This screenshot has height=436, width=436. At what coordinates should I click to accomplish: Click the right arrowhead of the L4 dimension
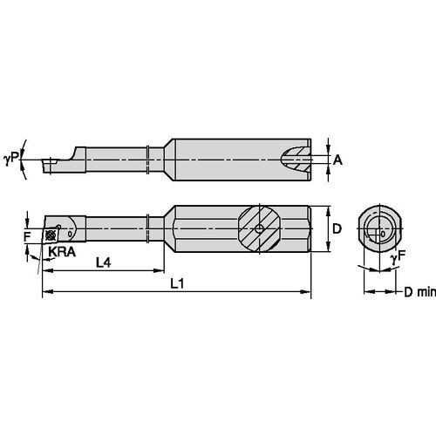(153, 270)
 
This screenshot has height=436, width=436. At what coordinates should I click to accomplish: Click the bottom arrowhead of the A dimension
(326, 170)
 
